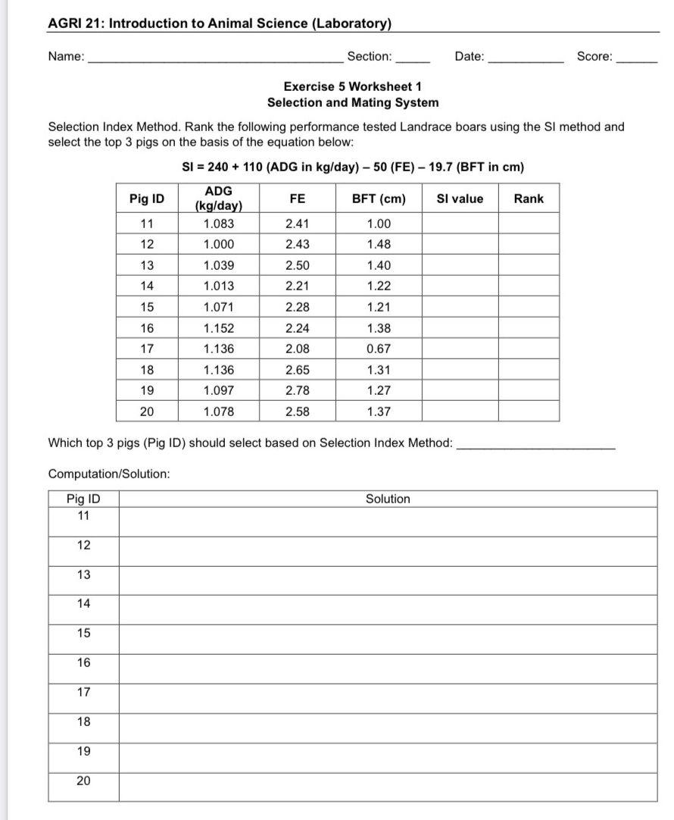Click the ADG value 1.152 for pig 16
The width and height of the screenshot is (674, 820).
(219, 328)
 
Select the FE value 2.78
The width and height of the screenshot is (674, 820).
(298, 391)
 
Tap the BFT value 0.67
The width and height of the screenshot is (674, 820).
(379, 349)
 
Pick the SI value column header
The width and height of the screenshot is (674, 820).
(460, 199)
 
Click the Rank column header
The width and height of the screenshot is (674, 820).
(529, 199)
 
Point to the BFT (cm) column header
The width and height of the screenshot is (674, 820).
(379, 199)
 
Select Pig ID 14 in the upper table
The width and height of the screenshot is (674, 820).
(147, 286)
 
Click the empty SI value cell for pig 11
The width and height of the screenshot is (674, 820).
(460, 224)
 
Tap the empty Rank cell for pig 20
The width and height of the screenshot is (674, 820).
(529, 412)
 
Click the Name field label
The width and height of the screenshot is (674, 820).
(66, 57)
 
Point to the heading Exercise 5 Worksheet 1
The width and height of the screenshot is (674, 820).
(352, 86)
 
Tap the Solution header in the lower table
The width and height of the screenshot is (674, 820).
(388, 499)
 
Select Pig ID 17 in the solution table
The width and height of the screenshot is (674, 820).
(83, 692)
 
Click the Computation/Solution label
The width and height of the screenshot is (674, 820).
(108, 474)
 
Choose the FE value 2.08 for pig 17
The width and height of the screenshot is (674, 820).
(298, 349)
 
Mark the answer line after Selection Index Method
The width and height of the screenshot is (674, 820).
(537, 447)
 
